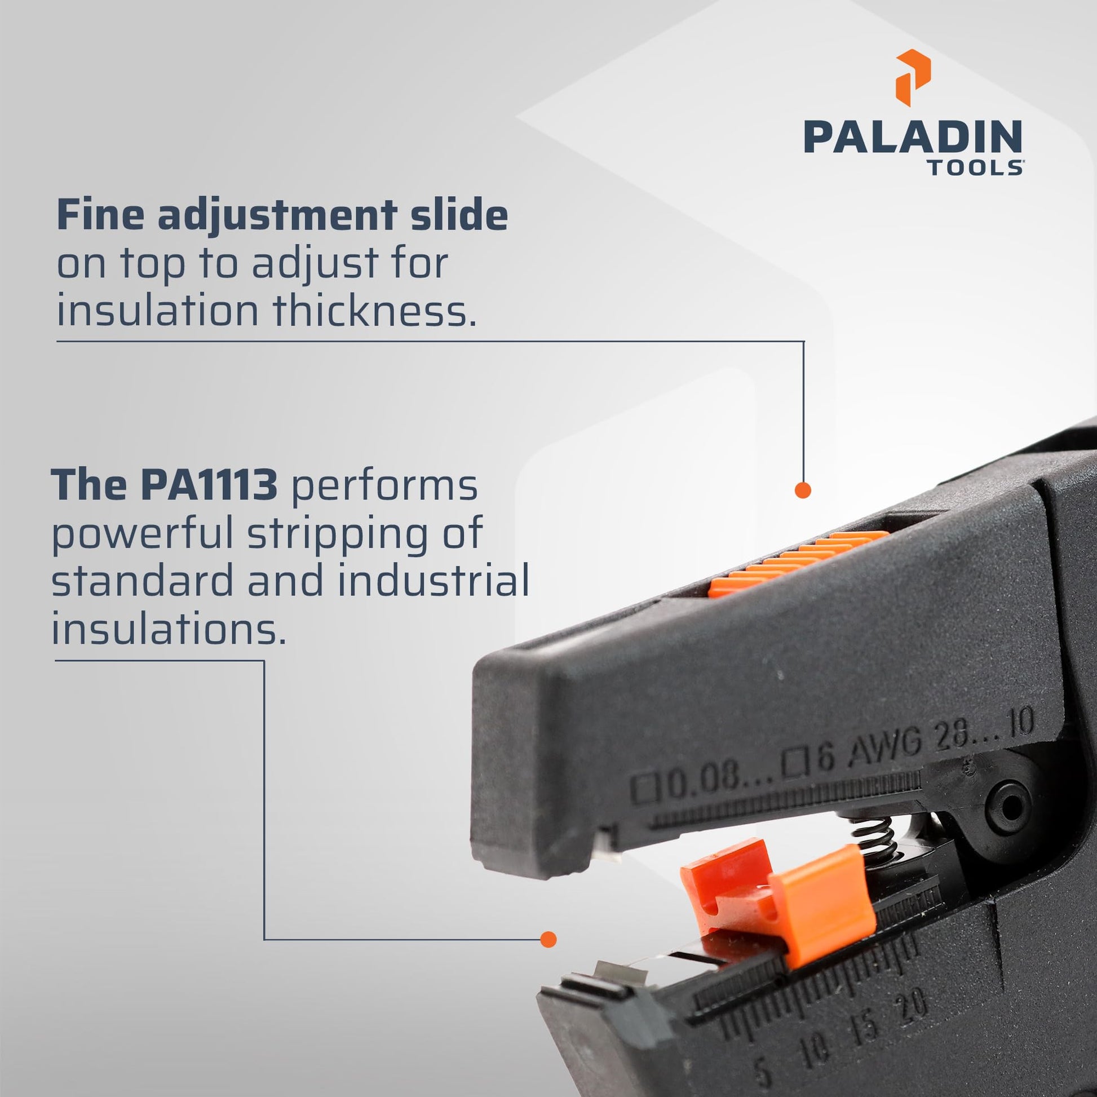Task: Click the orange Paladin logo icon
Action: click(x=913, y=78)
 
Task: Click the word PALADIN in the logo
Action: click(x=913, y=136)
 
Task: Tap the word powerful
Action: click(x=143, y=534)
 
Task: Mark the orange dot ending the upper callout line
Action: click(x=803, y=490)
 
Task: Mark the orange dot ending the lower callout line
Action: click(x=548, y=939)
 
